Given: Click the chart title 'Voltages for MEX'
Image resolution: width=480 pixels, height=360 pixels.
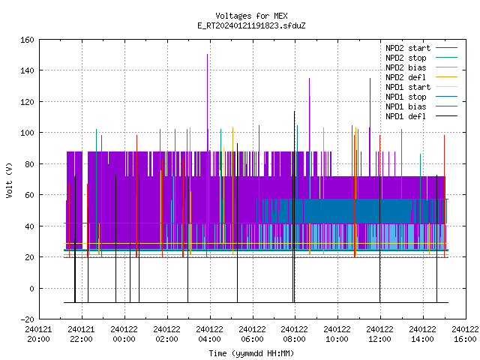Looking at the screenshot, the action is [x=251, y=16].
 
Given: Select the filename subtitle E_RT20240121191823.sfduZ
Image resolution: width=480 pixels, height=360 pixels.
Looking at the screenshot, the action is [x=251, y=25].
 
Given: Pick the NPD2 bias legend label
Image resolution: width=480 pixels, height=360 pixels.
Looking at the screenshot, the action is [x=406, y=67].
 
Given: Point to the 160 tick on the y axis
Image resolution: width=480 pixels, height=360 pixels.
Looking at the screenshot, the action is [x=27, y=40].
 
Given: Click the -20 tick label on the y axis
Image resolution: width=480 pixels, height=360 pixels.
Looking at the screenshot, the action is [x=27, y=319].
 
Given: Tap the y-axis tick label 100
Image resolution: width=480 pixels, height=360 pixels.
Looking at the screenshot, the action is [x=27, y=133].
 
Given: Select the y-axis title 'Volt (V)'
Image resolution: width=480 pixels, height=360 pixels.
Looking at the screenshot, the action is [x=9, y=180].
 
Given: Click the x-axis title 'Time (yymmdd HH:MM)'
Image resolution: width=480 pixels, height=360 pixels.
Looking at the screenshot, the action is [x=251, y=353].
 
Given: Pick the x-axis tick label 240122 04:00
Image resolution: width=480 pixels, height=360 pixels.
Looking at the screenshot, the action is [x=210, y=334].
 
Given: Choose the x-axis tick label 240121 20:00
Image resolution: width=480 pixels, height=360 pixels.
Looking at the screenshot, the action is [x=38, y=334].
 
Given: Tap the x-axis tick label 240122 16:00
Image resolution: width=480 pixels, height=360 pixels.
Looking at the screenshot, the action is [x=465, y=334].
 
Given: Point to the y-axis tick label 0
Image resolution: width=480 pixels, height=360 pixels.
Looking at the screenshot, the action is [x=31, y=288].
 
